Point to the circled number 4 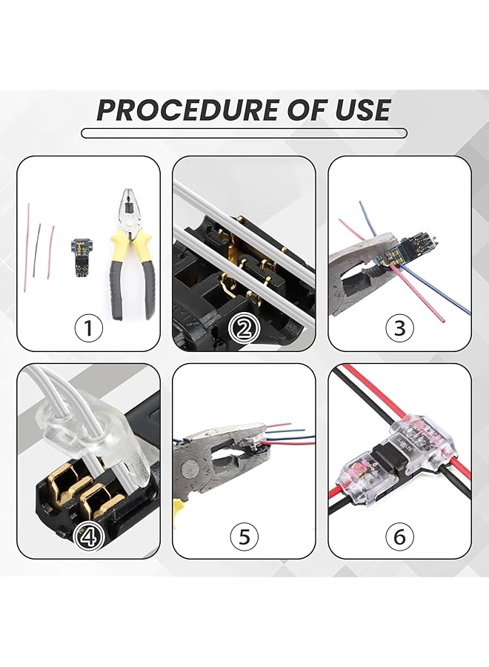[88, 536]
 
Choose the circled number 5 [244, 536]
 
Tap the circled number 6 [399, 536]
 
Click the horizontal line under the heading [244, 133]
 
